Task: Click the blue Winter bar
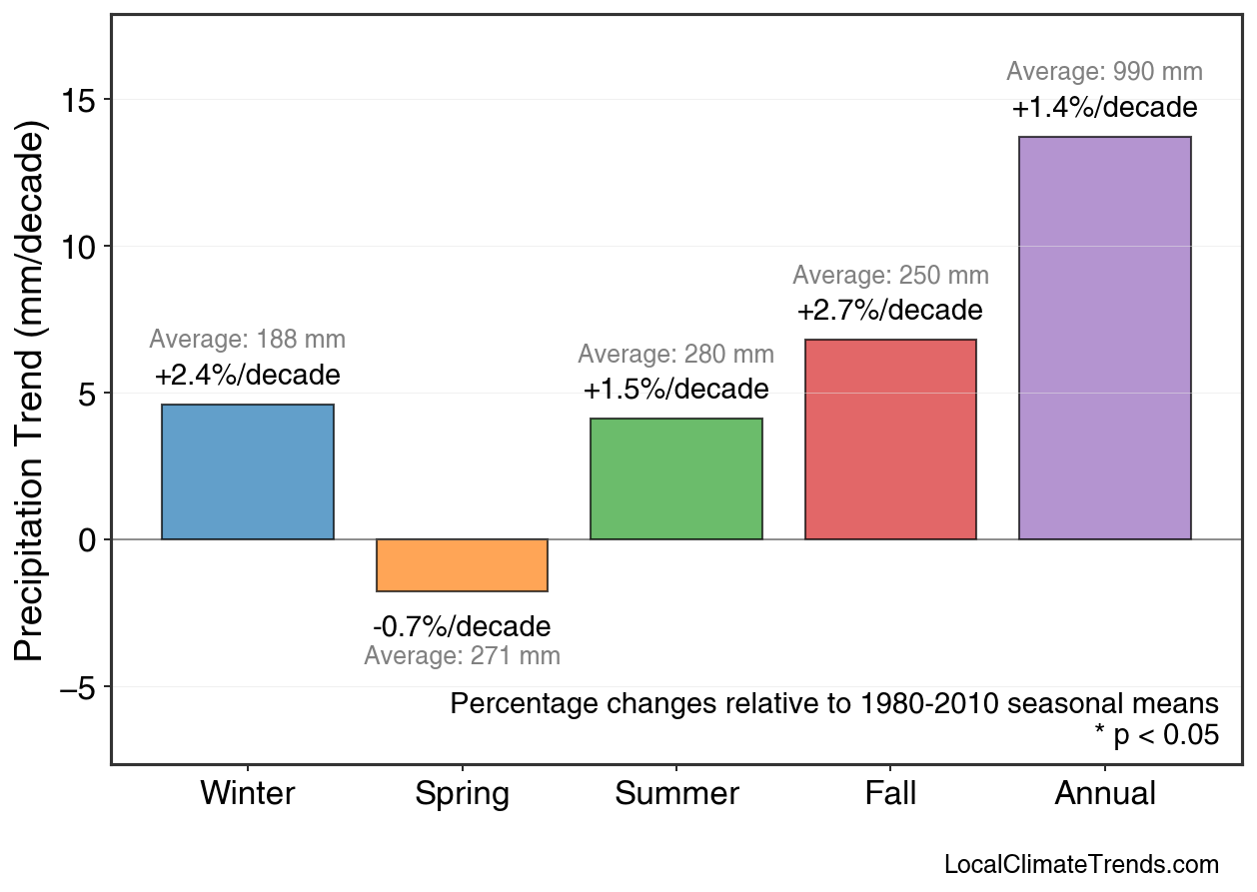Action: [248, 471]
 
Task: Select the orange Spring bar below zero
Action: [462, 565]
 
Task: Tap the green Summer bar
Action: [676, 478]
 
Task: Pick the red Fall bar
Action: [890, 440]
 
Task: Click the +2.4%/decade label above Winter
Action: [248, 376]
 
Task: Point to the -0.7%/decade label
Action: [462, 626]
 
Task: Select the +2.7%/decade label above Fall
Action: [890, 311]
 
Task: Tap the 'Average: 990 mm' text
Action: [1104, 72]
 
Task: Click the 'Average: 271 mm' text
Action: [462, 656]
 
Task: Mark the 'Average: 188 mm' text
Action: [248, 340]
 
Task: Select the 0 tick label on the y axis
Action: [88, 540]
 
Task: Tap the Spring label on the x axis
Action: [462, 794]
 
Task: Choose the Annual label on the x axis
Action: [1104, 794]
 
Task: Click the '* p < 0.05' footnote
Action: [1156, 735]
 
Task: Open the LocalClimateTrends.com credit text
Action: [1081, 864]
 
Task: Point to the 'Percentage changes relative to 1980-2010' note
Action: [834, 703]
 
